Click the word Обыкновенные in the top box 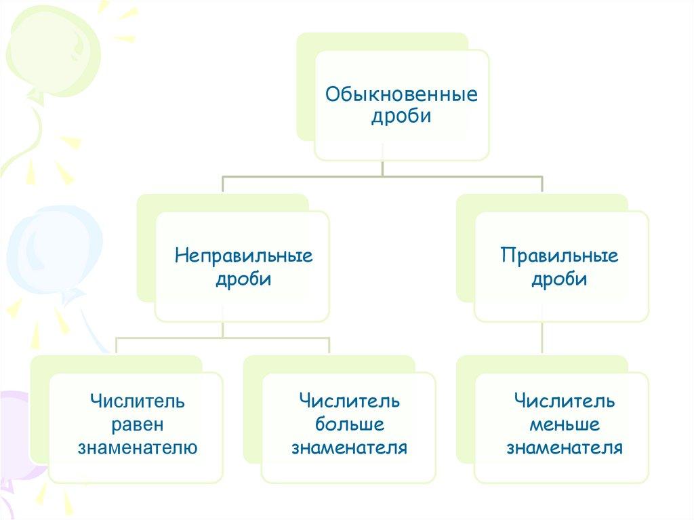pyautogui.click(x=401, y=94)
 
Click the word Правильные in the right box pyautogui.click(x=560, y=256)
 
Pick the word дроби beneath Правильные pyautogui.click(x=560, y=279)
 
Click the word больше pyautogui.click(x=350, y=424)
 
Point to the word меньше pyautogui.click(x=564, y=424)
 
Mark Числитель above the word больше pyautogui.click(x=350, y=401)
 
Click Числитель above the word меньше pyautogui.click(x=564, y=401)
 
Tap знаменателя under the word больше pyautogui.click(x=350, y=447)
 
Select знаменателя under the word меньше pyautogui.click(x=564, y=447)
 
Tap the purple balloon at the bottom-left pyautogui.click(x=20, y=434)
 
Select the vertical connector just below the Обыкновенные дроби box pyautogui.click(x=383, y=167)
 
